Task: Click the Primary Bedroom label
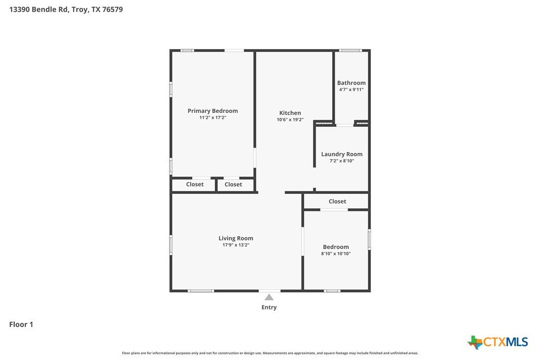click(212, 111)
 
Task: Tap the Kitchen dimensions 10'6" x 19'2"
click(290, 119)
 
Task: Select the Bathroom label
click(351, 83)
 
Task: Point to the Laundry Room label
click(342, 154)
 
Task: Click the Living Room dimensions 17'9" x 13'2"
click(236, 245)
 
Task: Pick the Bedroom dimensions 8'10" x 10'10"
click(336, 254)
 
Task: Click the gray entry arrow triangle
click(269, 297)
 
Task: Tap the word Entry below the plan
click(269, 307)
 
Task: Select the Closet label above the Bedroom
click(337, 201)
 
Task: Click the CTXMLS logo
click(498, 342)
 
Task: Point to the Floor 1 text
click(21, 324)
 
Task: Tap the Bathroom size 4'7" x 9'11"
click(351, 90)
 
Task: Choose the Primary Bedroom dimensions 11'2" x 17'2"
click(212, 117)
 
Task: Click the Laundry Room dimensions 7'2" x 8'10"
click(342, 161)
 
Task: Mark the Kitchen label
click(290, 113)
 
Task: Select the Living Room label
click(236, 238)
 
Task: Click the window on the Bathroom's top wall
click(350, 51)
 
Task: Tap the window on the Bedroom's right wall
click(369, 240)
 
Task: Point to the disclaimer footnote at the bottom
click(270, 353)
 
